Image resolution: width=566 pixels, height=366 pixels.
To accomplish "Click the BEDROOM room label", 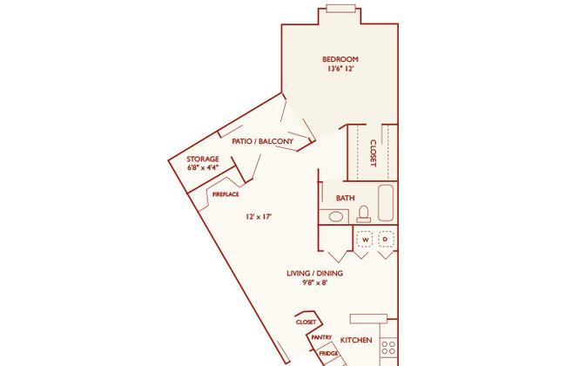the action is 340,59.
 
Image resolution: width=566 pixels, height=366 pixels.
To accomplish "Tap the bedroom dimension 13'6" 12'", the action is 340,68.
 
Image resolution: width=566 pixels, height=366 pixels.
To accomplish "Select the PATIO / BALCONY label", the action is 262,141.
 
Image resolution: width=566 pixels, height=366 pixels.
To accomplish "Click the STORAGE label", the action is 203,159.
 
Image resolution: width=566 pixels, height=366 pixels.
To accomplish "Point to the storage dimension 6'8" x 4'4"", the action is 203,167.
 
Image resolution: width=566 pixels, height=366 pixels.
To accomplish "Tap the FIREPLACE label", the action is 226,194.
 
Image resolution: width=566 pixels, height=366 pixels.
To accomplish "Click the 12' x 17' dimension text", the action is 259,217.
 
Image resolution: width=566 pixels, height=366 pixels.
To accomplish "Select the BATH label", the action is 346,198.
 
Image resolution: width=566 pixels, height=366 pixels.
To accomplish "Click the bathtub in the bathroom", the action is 386,203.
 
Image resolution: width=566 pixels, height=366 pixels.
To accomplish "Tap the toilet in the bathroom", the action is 363,213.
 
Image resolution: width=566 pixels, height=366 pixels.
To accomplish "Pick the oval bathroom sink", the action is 336,217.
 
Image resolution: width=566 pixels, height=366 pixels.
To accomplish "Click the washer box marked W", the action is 364,240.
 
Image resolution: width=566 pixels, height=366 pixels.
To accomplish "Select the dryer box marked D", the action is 386,240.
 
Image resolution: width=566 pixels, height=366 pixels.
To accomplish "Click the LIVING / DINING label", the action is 314,274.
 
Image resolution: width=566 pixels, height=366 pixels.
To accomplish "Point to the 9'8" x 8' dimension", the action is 314,282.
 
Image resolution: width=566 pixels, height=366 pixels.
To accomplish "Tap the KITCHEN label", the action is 356,340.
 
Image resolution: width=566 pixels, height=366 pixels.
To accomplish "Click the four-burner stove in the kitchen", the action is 388,347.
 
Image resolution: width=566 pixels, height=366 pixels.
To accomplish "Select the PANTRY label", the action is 321,337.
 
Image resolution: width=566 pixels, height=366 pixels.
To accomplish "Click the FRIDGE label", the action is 328,353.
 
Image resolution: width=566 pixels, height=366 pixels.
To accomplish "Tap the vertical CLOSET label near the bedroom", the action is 374,153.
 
